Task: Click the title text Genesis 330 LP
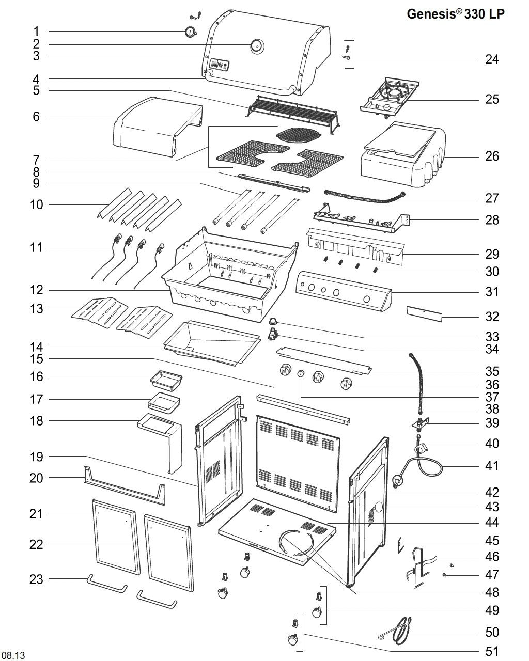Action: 455,14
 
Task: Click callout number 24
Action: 492,59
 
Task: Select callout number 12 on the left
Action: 36,290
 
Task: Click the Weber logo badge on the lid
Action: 220,65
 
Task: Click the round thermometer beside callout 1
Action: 190,32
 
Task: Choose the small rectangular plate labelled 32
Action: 424,313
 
